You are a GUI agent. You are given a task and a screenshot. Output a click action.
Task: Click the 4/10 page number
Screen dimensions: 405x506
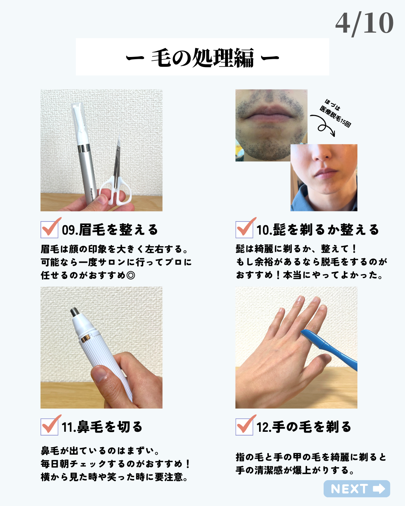point(364,24)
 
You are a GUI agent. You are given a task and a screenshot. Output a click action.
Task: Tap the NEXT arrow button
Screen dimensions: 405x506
point(357,489)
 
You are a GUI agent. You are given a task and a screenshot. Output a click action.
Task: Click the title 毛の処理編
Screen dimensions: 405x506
point(202,58)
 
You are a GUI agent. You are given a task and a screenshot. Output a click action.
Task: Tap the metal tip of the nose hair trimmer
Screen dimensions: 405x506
point(75,311)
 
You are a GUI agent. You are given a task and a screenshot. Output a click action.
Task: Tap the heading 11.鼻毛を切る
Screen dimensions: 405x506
point(102,427)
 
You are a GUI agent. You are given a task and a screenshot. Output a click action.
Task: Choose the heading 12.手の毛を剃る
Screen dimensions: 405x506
point(304,427)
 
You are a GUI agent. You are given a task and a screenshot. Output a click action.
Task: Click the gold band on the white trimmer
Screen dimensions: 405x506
point(85,338)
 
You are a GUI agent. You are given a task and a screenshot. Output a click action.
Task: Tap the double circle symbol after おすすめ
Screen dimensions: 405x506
point(130,275)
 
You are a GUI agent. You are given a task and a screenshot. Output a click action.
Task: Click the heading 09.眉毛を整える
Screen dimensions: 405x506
point(110,230)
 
